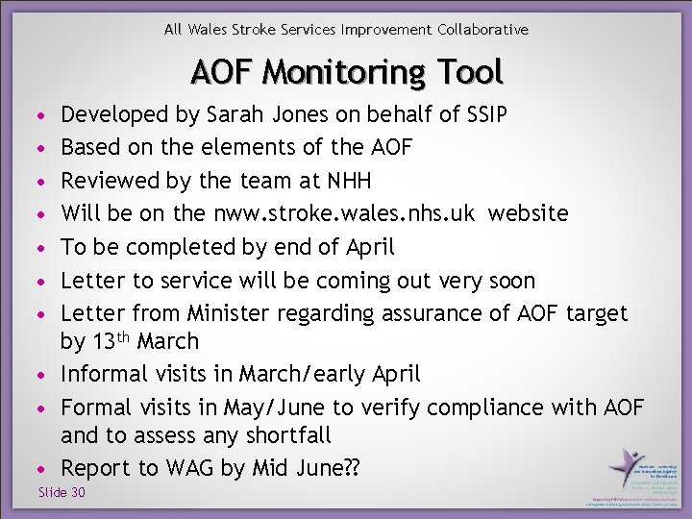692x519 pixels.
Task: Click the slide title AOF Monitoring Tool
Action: point(346,72)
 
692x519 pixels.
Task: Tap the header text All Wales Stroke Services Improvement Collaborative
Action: point(346,30)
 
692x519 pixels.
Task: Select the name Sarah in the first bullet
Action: point(231,115)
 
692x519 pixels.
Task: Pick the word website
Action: point(528,213)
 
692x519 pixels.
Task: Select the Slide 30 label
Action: point(62,492)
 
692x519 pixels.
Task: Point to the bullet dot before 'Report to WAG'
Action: point(38,470)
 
